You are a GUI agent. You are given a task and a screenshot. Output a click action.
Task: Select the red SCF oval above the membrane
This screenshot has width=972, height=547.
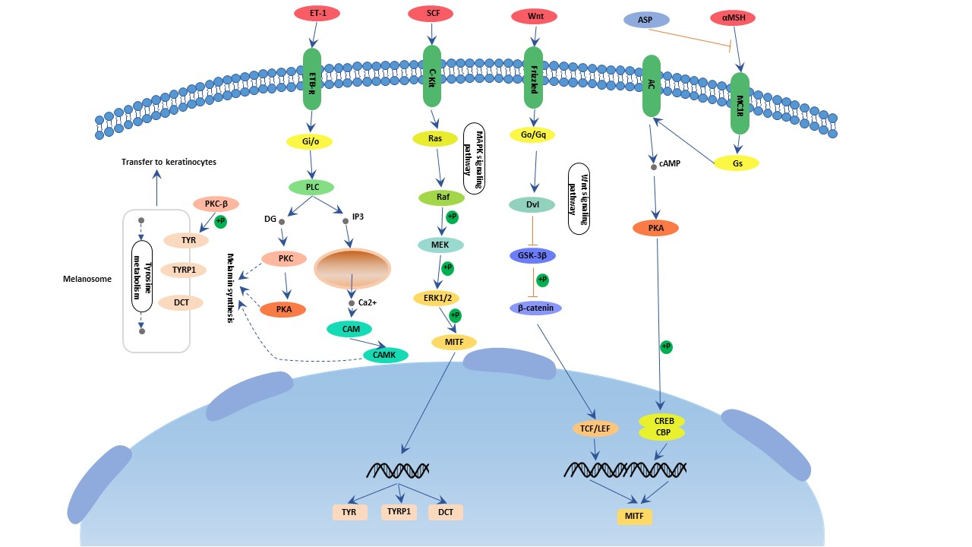pyautogui.click(x=430, y=14)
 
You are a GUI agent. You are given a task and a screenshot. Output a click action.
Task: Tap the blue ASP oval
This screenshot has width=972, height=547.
pyautogui.click(x=645, y=20)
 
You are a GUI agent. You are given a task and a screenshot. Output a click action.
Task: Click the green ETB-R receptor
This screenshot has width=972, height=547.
pyautogui.click(x=312, y=78)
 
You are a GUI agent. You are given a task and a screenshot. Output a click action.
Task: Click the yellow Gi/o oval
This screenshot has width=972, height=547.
pyautogui.click(x=308, y=141)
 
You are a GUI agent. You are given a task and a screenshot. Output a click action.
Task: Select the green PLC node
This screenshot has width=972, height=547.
pyautogui.click(x=312, y=187)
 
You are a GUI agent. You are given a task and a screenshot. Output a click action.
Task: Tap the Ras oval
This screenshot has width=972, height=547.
pyautogui.click(x=435, y=138)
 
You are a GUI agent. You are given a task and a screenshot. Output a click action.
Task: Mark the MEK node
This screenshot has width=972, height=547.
pyautogui.click(x=441, y=245)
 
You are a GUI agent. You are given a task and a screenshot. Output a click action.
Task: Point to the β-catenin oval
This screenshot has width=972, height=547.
pyautogui.click(x=535, y=308)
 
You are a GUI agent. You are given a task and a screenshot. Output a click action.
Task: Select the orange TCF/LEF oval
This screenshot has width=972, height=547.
pyautogui.click(x=595, y=428)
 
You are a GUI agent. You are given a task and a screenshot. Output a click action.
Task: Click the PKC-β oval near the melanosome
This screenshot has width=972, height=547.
pyautogui.click(x=216, y=204)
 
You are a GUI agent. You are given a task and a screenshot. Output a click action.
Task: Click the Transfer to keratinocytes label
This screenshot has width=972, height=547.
pyautogui.click(x=169, y=162)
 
